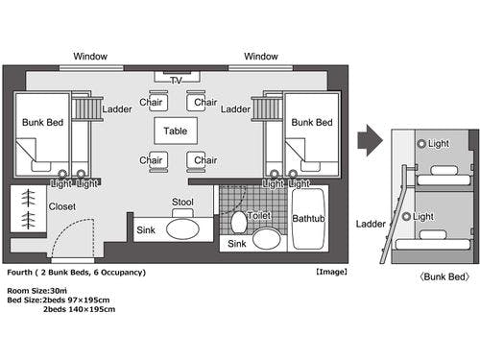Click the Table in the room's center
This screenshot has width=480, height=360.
(176, 131)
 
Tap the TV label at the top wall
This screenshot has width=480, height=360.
(176, 81)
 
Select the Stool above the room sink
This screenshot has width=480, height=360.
(182, 213)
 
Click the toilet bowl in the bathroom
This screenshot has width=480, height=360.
(239, 222)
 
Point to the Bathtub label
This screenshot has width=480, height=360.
(308, 219)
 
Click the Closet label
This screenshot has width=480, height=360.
(62, 206)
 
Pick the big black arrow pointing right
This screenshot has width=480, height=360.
(370, 140)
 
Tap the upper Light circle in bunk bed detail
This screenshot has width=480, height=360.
(421, 143)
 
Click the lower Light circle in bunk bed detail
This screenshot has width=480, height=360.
(406, 216)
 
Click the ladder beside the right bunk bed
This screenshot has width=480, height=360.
(267, 108)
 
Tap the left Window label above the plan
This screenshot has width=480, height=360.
(90, 57)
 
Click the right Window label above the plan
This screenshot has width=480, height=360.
(261, 57)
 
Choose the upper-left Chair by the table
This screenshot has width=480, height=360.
(158, 101)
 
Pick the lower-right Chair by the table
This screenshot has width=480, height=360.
(196, 161)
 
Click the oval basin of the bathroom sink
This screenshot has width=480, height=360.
(267, 238)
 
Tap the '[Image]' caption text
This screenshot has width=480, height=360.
(331, 272)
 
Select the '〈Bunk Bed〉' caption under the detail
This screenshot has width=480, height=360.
(444, 276)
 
